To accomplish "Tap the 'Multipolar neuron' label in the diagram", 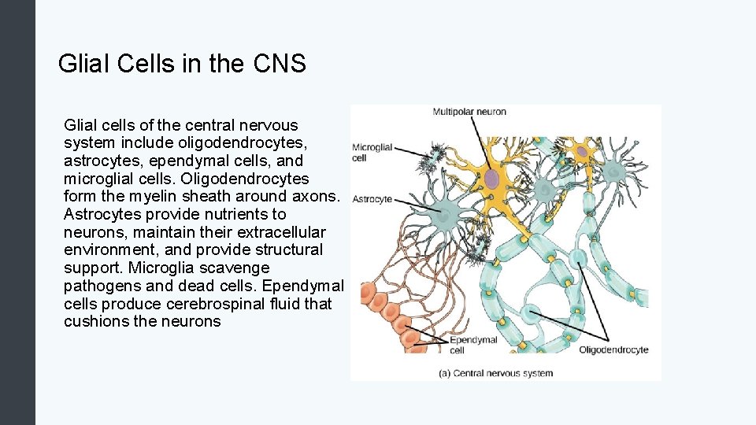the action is click(469, 112).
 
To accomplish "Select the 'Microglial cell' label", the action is click(371, 152).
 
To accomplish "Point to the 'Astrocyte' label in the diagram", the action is click(372, 199).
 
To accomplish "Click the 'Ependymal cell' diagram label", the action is click(472, 345).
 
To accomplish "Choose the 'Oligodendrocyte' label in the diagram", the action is click(613, 349).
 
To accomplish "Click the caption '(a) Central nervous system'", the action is click(495, 373).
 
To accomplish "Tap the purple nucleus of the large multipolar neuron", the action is click(491, 179).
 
